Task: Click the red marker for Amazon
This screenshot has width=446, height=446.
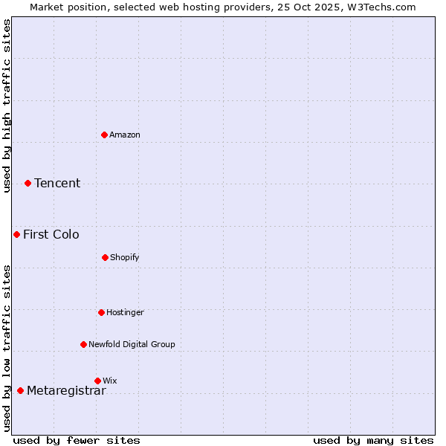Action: (x=105, y=135)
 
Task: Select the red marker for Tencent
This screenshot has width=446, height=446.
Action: (x=28, y=183)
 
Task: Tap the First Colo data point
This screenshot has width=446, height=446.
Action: (x=17, y=234)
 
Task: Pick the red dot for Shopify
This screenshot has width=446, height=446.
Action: (x=105, y=257)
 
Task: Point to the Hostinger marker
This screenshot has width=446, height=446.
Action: (x=101, y=312)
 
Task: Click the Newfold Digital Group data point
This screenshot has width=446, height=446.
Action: (x=83, y=344)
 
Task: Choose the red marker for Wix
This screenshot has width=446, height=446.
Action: (x=97, y=381)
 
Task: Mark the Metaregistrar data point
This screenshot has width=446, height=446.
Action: (x=21, y=390)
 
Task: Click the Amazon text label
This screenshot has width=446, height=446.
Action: (x=125, y=135)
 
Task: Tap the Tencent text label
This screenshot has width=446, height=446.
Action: (x=57, y=183)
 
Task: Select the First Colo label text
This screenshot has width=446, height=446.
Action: (x=51, y=234)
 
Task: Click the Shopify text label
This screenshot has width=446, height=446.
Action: (x=125, y=257)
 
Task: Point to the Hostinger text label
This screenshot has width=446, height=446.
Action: (x=125, y=312)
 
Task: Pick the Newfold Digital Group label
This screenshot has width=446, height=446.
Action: (x=132, y=344)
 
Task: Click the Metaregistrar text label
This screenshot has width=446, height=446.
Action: (x=66, y=390)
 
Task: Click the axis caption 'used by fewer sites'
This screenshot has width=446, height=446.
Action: (x=77, y=440)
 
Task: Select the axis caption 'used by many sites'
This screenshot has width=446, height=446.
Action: (x=373, y=440)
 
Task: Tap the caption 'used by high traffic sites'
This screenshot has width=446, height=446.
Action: (x=7, y=106)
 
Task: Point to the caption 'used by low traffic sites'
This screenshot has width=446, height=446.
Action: (x=7, y=347)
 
